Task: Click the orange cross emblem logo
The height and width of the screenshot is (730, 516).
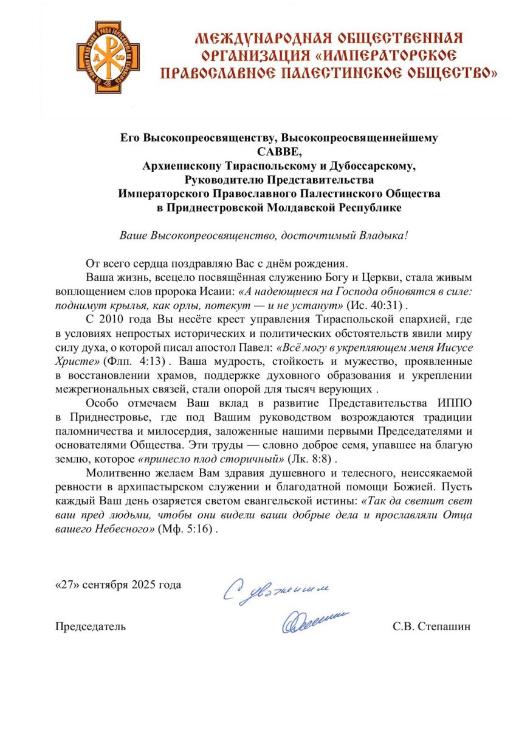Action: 107,57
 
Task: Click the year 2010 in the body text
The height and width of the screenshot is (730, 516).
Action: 114,320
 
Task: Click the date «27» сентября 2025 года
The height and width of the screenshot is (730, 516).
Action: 118,585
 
